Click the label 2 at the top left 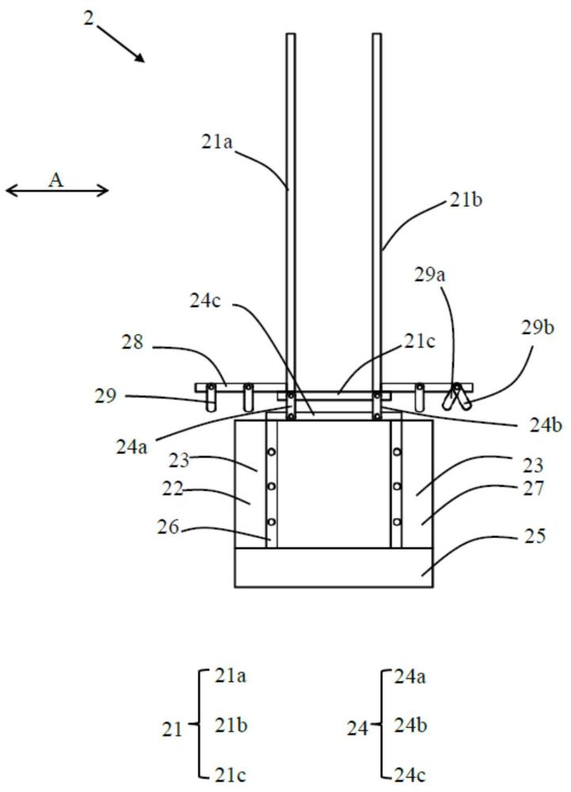coord(89,19)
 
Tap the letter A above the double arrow coord(56,180)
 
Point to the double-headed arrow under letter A coord(57,190)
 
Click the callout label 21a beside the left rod coord(218,142)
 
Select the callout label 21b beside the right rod coord(466,200)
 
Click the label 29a coord(430,275)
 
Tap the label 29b coord(538,327)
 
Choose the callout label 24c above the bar coord(205,300)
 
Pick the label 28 coord(132,342)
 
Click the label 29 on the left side coord(105,396)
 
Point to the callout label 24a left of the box coord(131,447)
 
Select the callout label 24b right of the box coord(545,425)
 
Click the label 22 coord(173,489)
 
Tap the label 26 coord(168,527)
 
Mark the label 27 coord(533,489)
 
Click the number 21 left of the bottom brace coord(172,729)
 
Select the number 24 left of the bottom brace coord(357,729)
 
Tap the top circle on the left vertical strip coord(272,451)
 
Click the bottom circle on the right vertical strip coord(398,521)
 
